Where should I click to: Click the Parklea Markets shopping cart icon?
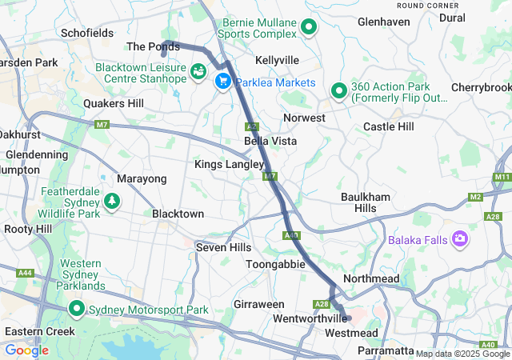(x=222, y=81)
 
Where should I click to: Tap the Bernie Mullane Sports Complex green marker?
(x=309, y=29)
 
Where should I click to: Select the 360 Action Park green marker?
(x=338, y=92)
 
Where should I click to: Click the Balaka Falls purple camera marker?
(x=460, y=239)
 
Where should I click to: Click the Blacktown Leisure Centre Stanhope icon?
(x=197, y=73)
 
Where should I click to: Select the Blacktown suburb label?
(x=178, y=214)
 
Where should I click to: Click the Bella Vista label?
(x=270, y=141)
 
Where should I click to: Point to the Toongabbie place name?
(x=275, y=263)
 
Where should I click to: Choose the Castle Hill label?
(x=389, y=126)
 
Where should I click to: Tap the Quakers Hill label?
(x=114, y=103)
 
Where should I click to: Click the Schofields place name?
(x=86, y=34)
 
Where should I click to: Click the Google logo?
(x=26, y=350)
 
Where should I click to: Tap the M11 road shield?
(x=502, y=176)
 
